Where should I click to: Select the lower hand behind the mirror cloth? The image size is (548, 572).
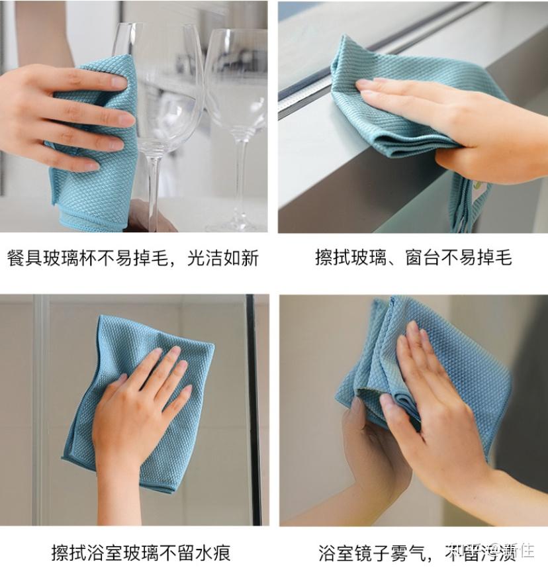(x=371, y=450)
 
